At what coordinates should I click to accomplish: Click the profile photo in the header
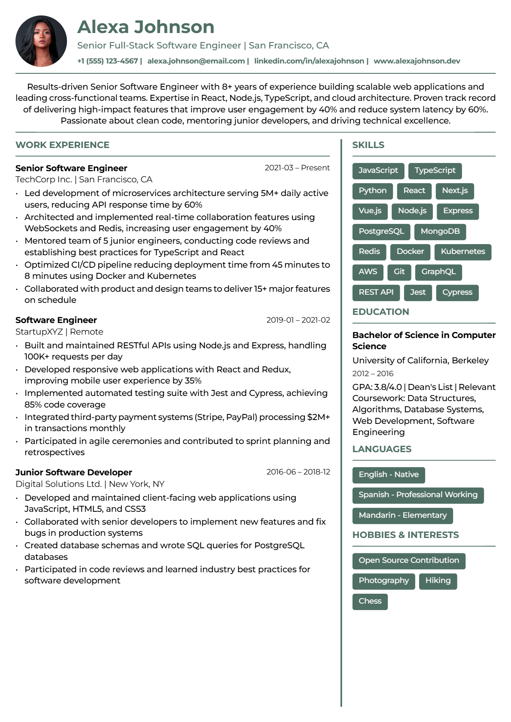(41, 41)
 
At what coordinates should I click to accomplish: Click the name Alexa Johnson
(146, 27)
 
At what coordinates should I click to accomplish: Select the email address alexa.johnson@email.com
(196, 61)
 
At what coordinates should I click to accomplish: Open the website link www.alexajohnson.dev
(417, 61)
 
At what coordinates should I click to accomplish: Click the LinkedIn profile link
(309, 61)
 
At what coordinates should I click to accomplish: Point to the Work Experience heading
(62, 145)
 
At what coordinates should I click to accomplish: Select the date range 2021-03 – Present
(297, 168)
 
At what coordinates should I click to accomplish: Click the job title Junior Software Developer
(73, 472)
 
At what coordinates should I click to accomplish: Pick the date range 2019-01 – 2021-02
(298, 320)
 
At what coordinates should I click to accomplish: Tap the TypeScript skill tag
(435, 170)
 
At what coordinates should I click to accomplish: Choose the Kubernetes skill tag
(462, 251)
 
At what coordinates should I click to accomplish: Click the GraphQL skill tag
(438, 272)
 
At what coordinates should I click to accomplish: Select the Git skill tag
(399, 272)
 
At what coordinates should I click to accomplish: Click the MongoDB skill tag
(440, 231)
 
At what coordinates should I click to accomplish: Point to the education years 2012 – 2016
(373, 374)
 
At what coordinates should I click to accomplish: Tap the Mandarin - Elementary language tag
(402, 515)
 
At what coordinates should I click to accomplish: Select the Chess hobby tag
(370, 601)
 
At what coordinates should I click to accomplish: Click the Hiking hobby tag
(438, 580)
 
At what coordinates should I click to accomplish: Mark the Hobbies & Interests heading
(405, 535)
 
